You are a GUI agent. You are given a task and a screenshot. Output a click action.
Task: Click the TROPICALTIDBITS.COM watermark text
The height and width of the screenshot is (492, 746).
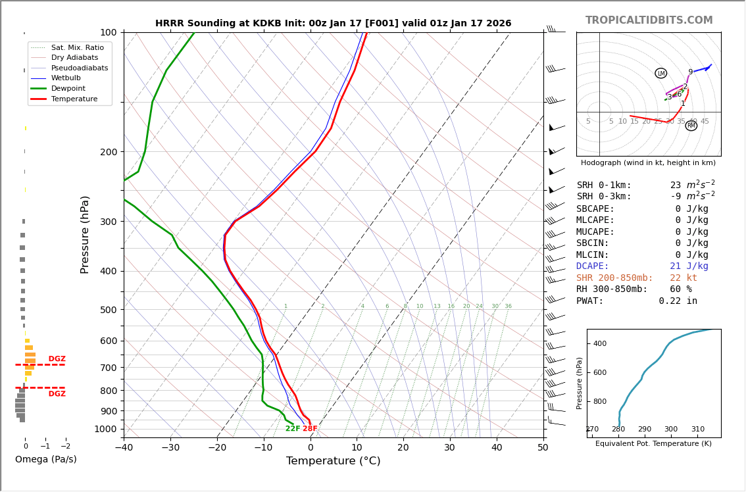(649, 20)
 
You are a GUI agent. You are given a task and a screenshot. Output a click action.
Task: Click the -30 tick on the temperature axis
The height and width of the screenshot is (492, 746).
(170, 448)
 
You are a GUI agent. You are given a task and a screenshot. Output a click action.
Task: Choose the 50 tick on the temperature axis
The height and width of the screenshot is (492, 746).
(543, 448)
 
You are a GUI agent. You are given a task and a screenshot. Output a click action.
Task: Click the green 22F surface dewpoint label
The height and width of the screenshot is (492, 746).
(293, 429)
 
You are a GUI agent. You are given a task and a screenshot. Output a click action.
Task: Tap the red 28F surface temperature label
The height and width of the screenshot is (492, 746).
(310, 429)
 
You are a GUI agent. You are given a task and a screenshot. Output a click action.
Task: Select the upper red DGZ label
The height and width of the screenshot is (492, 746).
(57, 359)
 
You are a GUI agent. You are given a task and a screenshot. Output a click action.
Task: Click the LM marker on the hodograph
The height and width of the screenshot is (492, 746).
(660, 73)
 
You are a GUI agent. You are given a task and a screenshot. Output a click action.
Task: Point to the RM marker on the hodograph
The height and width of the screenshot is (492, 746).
(691, 126)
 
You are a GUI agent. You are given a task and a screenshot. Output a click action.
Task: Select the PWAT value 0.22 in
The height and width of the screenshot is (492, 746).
(678, 301)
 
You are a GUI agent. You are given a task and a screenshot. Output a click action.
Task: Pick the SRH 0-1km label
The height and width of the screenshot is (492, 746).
(603, 185)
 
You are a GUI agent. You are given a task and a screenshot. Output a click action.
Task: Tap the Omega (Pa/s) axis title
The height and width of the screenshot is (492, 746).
(45, 460)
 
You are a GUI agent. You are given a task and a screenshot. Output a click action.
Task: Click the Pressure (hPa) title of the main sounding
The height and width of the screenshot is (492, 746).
(85, 234)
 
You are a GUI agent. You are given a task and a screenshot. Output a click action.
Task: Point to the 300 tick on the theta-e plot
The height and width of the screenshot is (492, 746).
(670, 430)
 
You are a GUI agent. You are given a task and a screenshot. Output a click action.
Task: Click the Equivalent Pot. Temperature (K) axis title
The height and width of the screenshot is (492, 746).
(654, 443)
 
